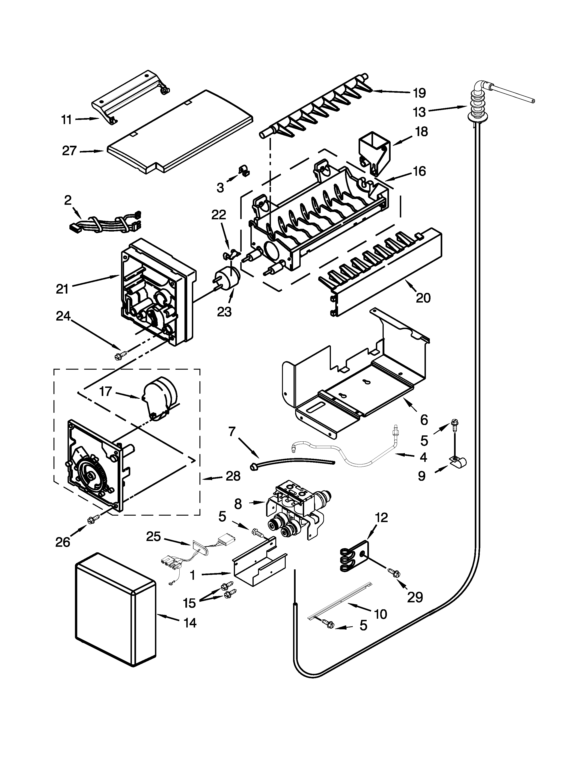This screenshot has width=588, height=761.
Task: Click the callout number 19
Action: point(419,93)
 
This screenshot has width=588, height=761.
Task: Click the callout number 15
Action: point(190,603)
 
